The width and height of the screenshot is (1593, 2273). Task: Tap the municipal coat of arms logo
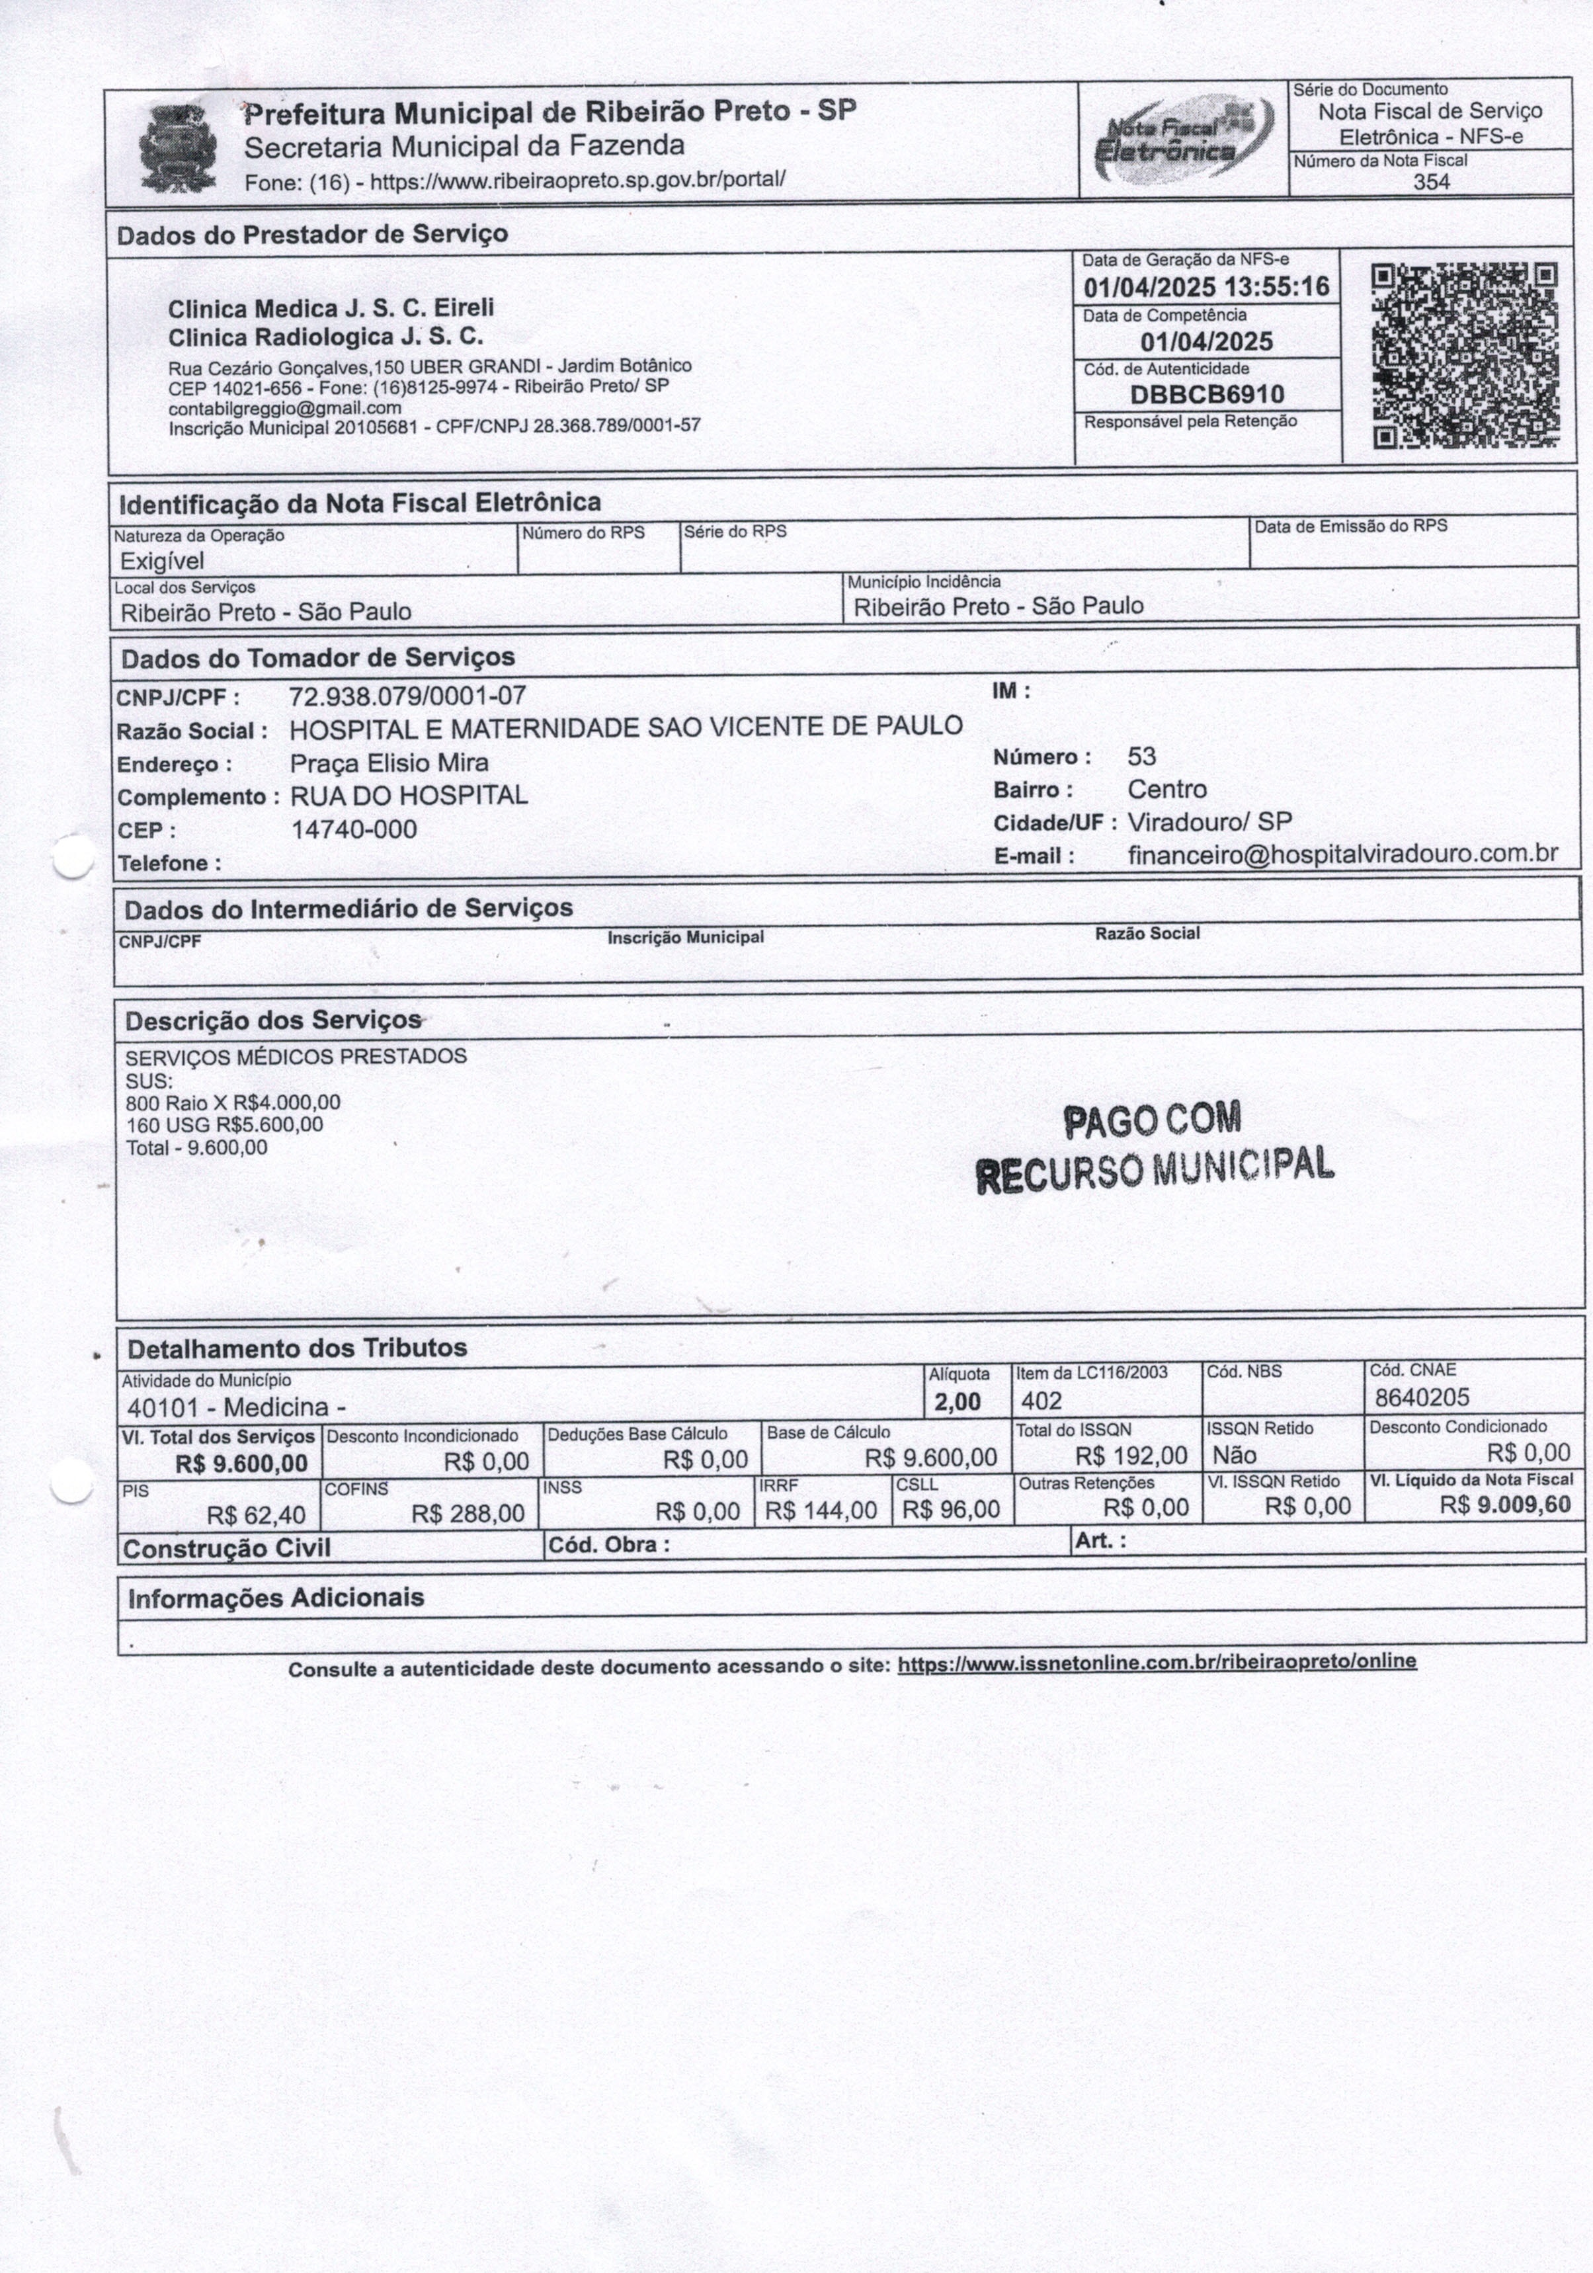coord(177,149)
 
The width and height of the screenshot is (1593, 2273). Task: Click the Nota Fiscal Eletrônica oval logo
coord(1182,140)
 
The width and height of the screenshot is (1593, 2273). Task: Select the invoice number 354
coord(1432,182)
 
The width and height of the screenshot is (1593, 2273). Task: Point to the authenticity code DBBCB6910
coord(1207,395)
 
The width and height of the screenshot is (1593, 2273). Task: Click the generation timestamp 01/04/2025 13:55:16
coord(1206,288)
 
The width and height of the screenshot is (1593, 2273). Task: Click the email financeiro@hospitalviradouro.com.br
coord(1342,854)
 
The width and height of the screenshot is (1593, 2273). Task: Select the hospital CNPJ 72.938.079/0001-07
coord(407,696)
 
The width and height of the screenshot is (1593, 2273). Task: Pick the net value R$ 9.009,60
coord(1505,1506)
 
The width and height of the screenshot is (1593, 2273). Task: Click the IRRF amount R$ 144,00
coord(821,1510)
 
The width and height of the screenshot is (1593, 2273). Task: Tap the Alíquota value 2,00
coord(956,1402)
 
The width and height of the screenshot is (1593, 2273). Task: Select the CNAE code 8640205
coord(1422,1398)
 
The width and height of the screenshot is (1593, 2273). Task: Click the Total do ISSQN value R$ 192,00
coord(1131,1456)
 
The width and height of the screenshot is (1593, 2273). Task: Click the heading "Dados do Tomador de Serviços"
coord(318,658)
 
